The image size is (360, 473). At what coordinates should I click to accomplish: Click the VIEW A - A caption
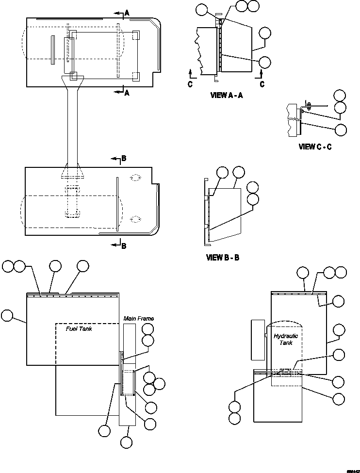226,96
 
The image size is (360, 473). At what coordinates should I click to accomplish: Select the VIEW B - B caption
223,258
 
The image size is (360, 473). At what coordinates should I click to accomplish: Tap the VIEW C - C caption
315,147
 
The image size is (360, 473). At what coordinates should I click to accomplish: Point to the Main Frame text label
138,319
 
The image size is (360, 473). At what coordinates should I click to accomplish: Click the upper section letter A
127,14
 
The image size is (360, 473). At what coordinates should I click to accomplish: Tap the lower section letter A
127,93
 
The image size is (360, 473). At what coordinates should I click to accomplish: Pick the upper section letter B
124,158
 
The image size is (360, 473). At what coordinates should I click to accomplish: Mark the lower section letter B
124,246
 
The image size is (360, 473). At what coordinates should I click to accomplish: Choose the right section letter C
262,84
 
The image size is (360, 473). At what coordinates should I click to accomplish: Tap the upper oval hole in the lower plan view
135,178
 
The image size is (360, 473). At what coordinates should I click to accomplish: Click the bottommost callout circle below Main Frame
126,442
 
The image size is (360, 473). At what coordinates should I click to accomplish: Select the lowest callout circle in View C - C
341,130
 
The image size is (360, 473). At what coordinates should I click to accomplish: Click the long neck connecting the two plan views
73,126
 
